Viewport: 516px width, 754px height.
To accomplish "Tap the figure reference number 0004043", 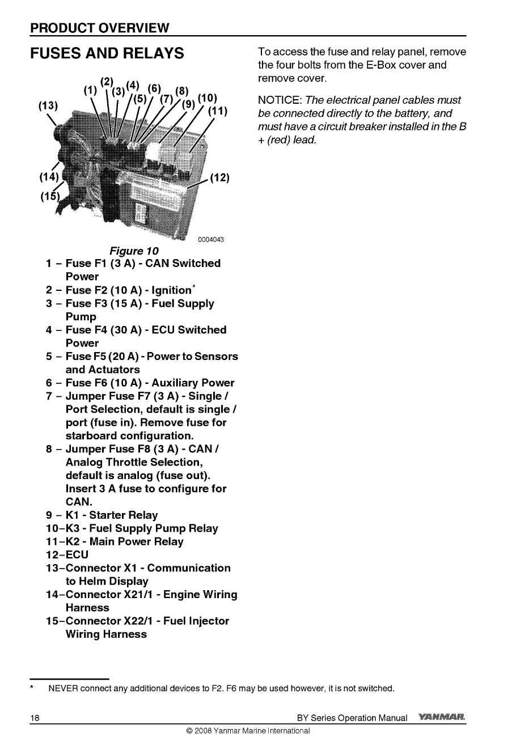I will tap(211, 240).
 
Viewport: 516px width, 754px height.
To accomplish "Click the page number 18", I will tap(35, 718).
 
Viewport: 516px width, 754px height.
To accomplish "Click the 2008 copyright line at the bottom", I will tap(248, 731).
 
